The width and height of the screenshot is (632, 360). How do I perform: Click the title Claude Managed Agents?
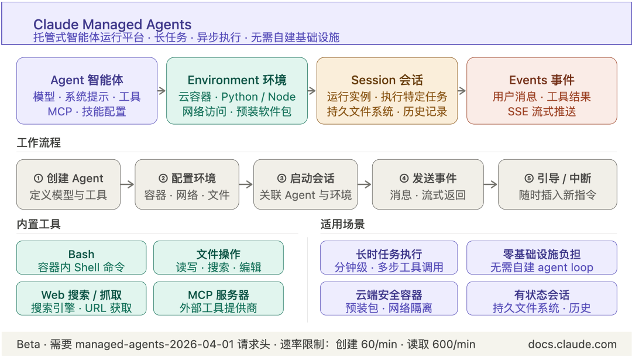click(x=112, y=25)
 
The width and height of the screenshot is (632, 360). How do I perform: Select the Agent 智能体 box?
click(x=87, y=91)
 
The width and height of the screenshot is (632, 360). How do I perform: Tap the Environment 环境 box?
click(x=237, y=91)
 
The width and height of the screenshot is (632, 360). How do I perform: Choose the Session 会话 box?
click(x=387, y=91)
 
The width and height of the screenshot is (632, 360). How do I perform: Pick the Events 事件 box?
click(x=541, y=91)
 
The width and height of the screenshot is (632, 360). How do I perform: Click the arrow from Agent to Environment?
click(x=162, y=91)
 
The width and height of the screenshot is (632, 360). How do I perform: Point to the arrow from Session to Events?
click(x=462, y=91)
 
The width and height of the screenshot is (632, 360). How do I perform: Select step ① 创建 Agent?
click(x=68, y=184)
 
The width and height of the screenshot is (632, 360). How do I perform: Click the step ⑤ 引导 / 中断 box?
click(x=557, y=184)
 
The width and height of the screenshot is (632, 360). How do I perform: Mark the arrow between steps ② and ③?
click(x=246, y=184)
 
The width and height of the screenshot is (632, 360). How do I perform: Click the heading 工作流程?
click(x=39, y=143)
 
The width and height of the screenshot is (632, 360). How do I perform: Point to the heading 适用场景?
click(x=342, y=224)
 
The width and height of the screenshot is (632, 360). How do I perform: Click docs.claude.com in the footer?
click(x=572, y=344)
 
